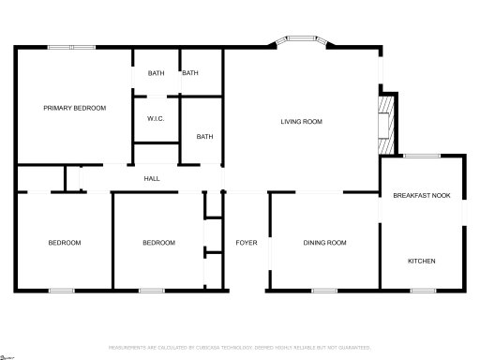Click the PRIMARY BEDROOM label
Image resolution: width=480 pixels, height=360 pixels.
[x=75, y=108]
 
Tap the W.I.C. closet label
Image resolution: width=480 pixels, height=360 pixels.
[x=156, y=119]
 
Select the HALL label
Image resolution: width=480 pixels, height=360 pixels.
[x=151, y=178]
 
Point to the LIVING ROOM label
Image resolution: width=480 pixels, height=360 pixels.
[x=302, y=121]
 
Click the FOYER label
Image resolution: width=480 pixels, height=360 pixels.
[x=247, y=243]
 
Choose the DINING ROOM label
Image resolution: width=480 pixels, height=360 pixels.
[x=325, y=243]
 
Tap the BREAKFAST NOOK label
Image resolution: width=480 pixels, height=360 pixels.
[x=421, y=195]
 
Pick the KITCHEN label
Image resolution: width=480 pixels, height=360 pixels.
[x=421, y=260]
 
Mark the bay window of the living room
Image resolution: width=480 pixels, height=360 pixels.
[x=301, y=42]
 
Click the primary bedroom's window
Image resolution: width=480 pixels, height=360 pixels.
[x=71, y=46]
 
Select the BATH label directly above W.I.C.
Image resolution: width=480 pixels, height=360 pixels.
[x=155, y=73]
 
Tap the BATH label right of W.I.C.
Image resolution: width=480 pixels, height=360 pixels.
[x=204, y=137]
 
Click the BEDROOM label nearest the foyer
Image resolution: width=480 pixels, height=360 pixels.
[x=158, y=243]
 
